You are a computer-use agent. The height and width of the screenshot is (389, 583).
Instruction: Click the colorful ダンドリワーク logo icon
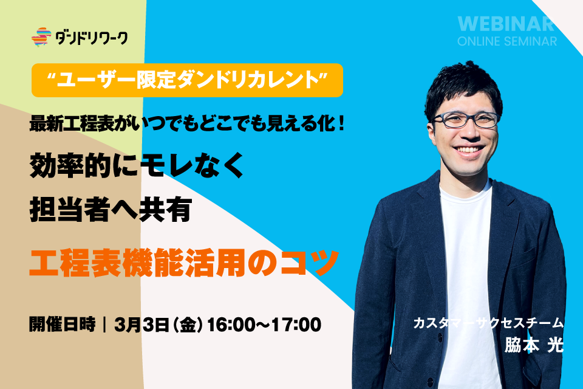pyautogui.click(x=41, y=37)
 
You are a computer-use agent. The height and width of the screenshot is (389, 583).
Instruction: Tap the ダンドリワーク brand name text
pyautogui.click(x=92, y=38)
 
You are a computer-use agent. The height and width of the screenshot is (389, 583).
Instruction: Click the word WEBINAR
pyautogui.click(x=506, y=24)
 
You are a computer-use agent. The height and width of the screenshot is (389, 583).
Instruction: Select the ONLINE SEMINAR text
pyautogui.click(x=507, y=41)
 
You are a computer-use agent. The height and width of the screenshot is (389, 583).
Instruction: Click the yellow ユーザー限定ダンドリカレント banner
pyautogui.click(x=188, y=80)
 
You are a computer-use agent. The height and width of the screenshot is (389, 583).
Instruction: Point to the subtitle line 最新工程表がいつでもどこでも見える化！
pyautogui.click(x=188, y=123)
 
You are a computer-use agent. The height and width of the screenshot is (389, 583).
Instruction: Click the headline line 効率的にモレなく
pyautogui.click(x=137, y=165)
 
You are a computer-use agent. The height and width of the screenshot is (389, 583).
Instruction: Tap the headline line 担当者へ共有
pyautogui.click(x=111, y=210)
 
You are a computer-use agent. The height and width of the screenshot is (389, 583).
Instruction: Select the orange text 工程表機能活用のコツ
pyautogui.click(x=184, y=263)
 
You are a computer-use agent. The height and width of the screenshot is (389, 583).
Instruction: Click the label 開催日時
pyautogui.click(x=63, y=324)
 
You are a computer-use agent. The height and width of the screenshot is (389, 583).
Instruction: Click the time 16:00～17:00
pyautogui.click(x=264, y=325)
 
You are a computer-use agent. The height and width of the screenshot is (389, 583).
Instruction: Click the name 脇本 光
pyautogui.click(x=534, y=345)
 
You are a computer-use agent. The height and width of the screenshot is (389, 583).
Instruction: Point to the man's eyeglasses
pyautogui.click(x=466, y=120)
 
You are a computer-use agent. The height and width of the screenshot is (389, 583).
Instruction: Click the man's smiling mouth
pyautogui.click(x=469, y=150)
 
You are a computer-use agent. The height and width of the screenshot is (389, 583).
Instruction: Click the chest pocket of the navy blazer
pyautogui.click(x=524, y=258)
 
